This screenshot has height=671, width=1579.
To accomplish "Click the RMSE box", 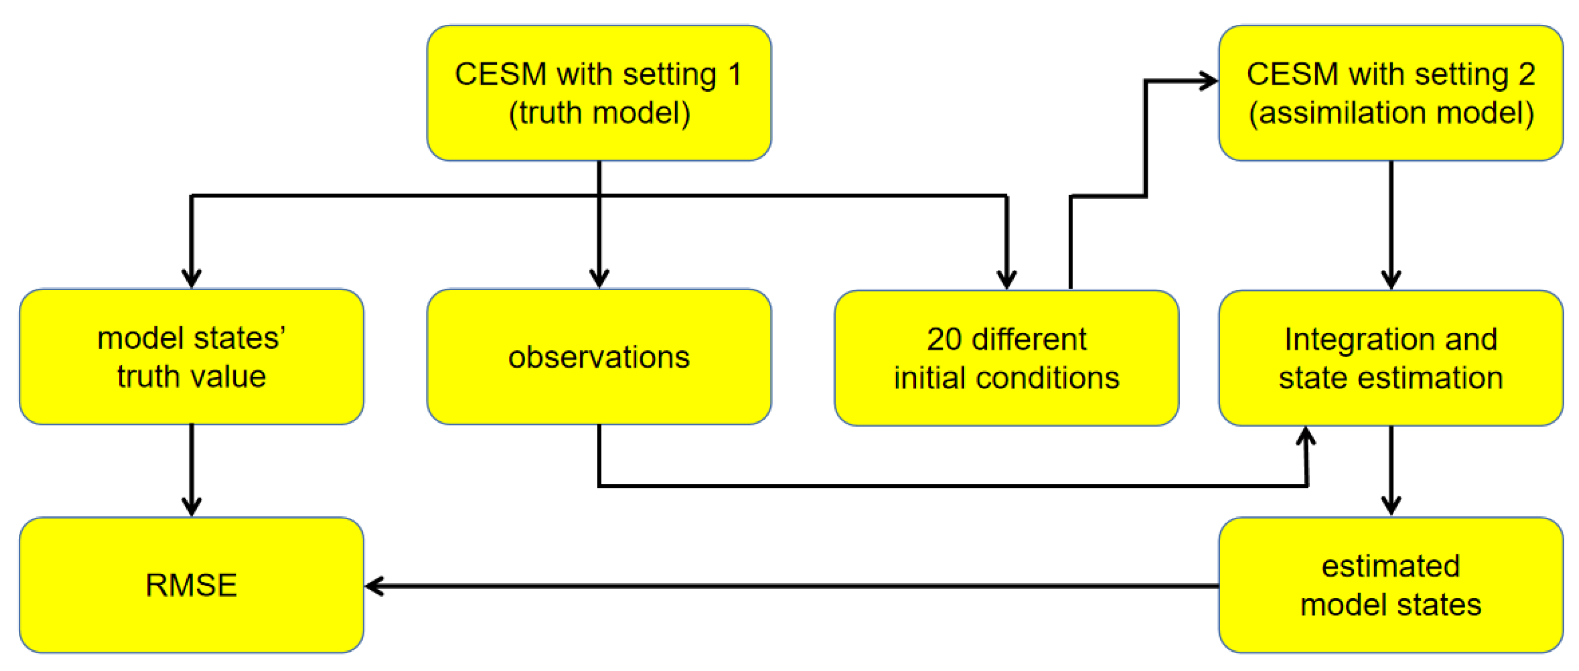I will [x=191, y=585].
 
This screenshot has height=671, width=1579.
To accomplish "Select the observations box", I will [x=599, y=357].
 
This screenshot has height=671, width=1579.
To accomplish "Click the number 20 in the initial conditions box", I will [x=944, y=339].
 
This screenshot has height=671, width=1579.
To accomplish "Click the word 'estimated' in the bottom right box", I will [x=1390, y=565].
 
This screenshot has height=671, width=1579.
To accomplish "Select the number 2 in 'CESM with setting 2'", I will [x=1526, y=74].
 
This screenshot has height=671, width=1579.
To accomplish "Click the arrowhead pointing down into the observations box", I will [x=599, y=279].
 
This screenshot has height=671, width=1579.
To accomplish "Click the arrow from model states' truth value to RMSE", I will [x=192, y=469].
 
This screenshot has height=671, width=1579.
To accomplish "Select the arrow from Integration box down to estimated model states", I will [x=1391, y=469].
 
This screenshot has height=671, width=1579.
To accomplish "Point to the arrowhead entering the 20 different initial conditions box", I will [x=1006, y=280].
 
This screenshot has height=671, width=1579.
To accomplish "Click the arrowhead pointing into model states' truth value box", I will [x=192, y=279].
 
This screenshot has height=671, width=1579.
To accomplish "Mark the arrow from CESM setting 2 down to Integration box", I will [x=1391, y=224].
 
